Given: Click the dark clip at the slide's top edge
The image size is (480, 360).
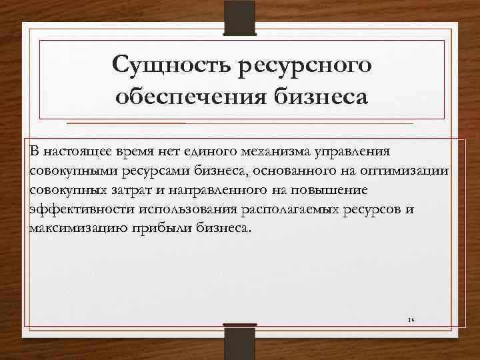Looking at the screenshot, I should [x=240, y=17].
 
